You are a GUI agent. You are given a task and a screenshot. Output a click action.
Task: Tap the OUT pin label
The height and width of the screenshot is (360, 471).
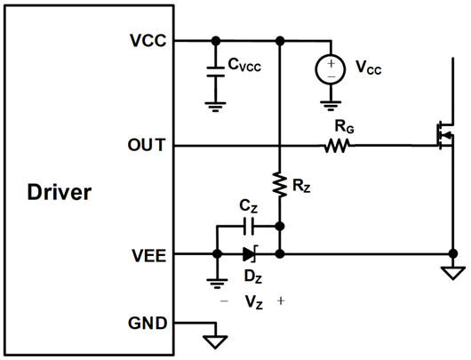[x=148, y=145]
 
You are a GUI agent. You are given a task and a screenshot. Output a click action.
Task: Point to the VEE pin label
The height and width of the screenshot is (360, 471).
[x=148, y=254]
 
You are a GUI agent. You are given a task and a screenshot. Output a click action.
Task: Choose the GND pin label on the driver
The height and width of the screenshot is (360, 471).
[x=148, y=323]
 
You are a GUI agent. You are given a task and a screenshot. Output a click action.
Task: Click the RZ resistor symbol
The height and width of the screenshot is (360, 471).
[x=280, y=183]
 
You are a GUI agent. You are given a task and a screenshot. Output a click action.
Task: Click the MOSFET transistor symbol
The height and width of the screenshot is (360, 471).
[x=441, y=136]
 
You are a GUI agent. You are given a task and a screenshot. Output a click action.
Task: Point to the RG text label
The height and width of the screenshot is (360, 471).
[x=342, y=126]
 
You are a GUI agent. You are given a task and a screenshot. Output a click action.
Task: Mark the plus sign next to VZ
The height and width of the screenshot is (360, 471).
[x=281, y=300]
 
